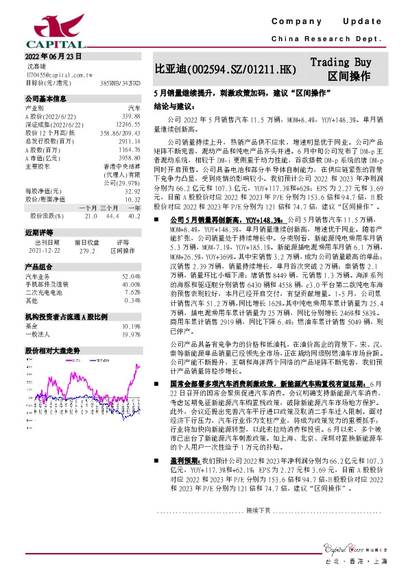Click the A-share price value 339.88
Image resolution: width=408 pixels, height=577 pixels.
[130, 117]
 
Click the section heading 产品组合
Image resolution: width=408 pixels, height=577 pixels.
[39, 267]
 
